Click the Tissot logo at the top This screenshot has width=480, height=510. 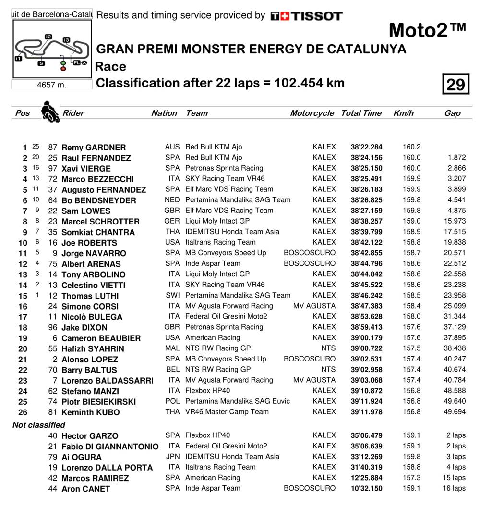(306, 16)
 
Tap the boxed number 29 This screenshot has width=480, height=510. (455, 84)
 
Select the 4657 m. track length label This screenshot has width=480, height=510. (52, 85)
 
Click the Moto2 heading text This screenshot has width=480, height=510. (427, 30)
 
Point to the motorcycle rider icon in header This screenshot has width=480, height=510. (48, 112)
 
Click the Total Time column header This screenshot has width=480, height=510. (361, 113)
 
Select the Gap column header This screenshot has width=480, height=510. (452, 113)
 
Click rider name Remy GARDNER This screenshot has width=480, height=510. (94, 148)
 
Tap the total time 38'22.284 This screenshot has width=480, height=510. (366, 147)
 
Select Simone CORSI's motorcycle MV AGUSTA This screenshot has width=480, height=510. (314, 306)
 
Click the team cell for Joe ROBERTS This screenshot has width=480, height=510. (220, 242)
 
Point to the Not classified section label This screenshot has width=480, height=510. (39, 425)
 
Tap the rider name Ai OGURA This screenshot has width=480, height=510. (82, 457)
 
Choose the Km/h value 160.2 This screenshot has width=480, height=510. (411, 147)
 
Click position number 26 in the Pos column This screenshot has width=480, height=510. (23, 412)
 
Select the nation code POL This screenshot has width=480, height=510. (172, 401)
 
